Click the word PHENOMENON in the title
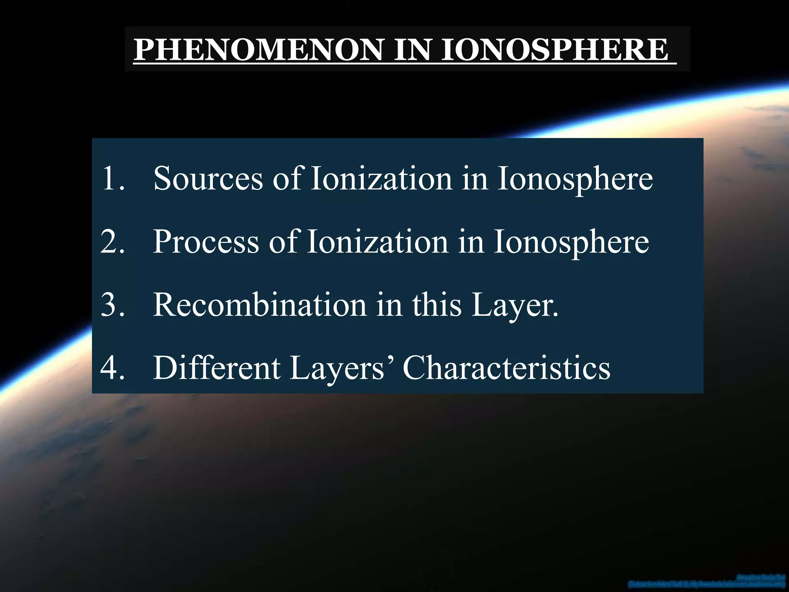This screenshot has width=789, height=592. click(259, 50)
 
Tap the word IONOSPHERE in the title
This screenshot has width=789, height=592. click(554, 50)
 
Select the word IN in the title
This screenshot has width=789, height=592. click(412, 50)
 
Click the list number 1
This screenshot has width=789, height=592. click(112, 178)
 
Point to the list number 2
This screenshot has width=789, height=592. click(112, 242)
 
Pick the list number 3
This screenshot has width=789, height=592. click(112, 305)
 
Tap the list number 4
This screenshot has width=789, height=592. click(112, 368)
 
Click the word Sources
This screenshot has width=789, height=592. click(208, 178)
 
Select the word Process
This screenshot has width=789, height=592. click(206, 242)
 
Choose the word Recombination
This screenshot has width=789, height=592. click(260, 305)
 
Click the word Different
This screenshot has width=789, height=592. click(217, 368)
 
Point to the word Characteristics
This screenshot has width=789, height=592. click(506, 368)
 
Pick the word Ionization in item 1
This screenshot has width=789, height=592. click(381, 178)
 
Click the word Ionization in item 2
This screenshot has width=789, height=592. click(378, 242)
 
